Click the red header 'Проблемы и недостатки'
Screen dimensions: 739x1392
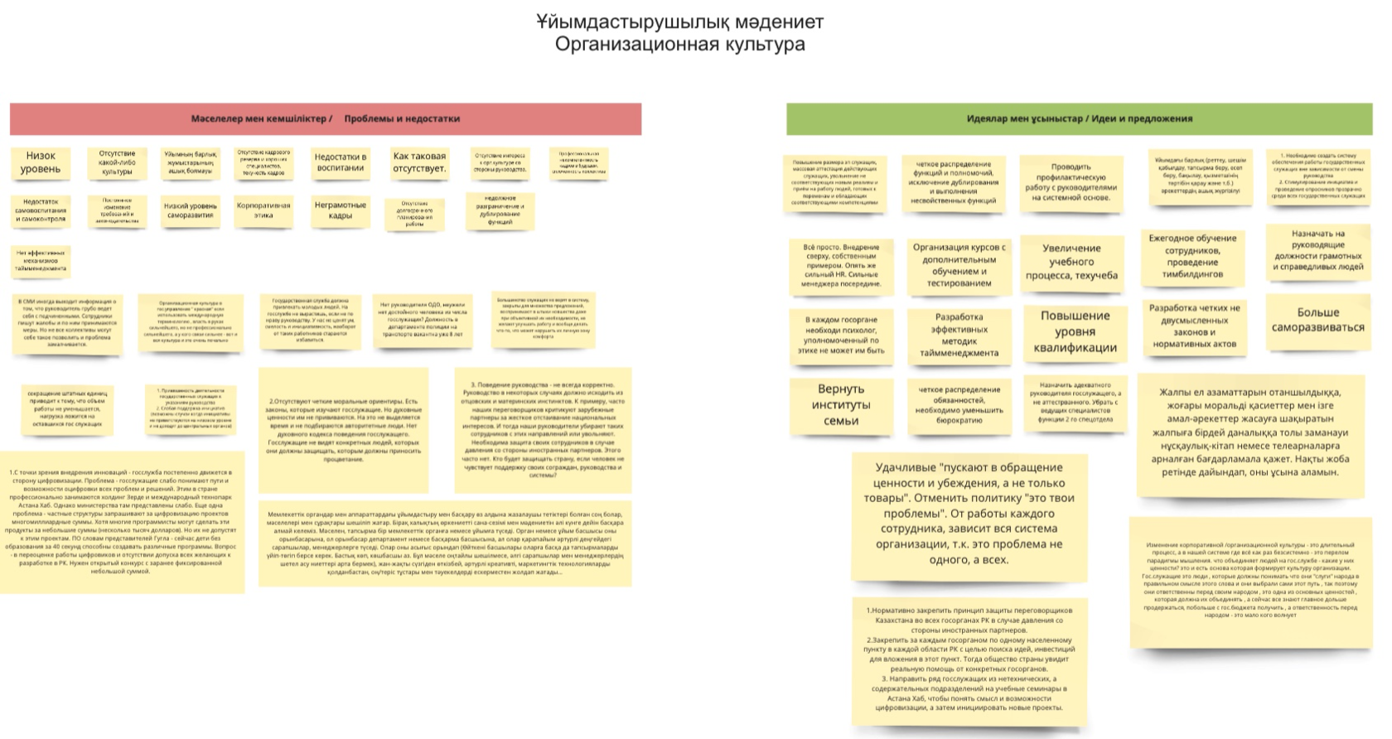pyautogui.click(x=402, y=118)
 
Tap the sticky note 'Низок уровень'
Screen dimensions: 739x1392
pyautogui.click(x=41, y=162)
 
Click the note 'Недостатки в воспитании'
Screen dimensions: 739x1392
pyautogui.click(x=341, y=162)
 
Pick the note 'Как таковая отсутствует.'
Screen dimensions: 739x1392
pyautogui.click(x=419, y=162)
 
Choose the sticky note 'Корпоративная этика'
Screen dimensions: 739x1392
pyautogui.click(x=263, y=210)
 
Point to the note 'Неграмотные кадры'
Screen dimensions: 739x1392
pyautogui.click(x=341, y=210)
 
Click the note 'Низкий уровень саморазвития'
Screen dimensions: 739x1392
pyautogui.click(x=191, y=210)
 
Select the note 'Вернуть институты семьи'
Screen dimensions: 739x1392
pyautogui.click(x=841, y=405)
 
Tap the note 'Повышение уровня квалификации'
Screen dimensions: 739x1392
pyautogui.click(x=1075, y=331)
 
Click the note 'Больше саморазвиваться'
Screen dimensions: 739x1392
pyautogui.click(x=1317, y=320)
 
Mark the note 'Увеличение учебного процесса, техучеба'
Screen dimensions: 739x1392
pyautogui.click(x=1071, y=262)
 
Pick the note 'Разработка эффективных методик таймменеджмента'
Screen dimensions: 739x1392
pyautogui.click(x=959, y=335)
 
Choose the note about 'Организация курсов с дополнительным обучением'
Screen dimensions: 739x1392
pyautogui.click(x=959, y=265)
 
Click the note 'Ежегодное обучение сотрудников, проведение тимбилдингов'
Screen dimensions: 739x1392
pyautogui.click(x=1192, y=256)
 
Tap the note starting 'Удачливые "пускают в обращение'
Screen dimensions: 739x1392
pyautogui.click(x=969, y=513)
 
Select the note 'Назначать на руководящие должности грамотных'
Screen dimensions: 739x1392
pyautogui.click(x=1317, y=250)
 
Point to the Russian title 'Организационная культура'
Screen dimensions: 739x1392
pyautogui.click(x=679, y=44)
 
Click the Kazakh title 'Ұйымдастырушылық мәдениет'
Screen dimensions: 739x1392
pyautogui.click(x=679, y=22)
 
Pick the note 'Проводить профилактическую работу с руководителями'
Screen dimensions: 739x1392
pyautogui.click(x=1071, y=182)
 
